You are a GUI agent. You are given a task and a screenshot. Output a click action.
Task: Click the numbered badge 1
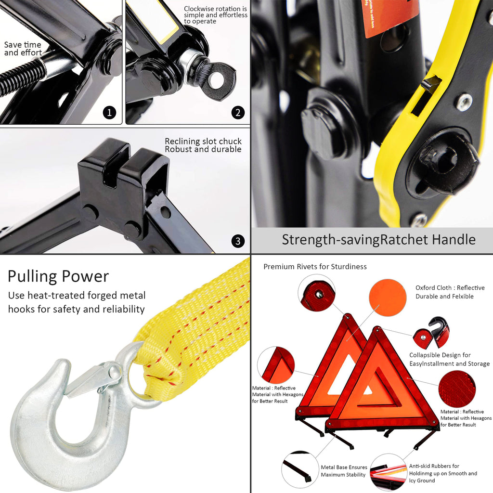click(x=110, y=113)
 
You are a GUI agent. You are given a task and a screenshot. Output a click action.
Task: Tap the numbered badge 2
click(x=238, y=113)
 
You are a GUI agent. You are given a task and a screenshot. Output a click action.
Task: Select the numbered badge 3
click(x=238, y=241)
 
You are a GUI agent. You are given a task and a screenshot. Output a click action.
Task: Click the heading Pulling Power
click(x=58, y=276)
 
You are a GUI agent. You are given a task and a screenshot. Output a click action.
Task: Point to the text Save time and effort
click(x=23, y=49)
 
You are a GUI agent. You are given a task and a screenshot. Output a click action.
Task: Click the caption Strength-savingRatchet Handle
click(x=378, y=239)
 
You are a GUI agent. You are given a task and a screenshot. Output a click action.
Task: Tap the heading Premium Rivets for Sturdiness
click(x=315, y=267)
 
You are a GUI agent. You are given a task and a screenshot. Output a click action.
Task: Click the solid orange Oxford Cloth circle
click(x=388, y=298)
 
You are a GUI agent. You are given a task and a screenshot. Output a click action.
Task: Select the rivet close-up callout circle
click(x=316, y=293)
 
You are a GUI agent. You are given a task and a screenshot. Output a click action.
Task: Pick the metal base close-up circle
click(x=299, y=469)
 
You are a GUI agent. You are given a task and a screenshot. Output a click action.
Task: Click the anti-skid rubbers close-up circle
click(x=388, y=472)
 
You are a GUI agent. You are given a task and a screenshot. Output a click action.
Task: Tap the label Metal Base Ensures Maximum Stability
click(x=344, y=471)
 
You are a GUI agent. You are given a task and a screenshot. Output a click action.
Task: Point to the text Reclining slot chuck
click(x=203, y=142)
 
